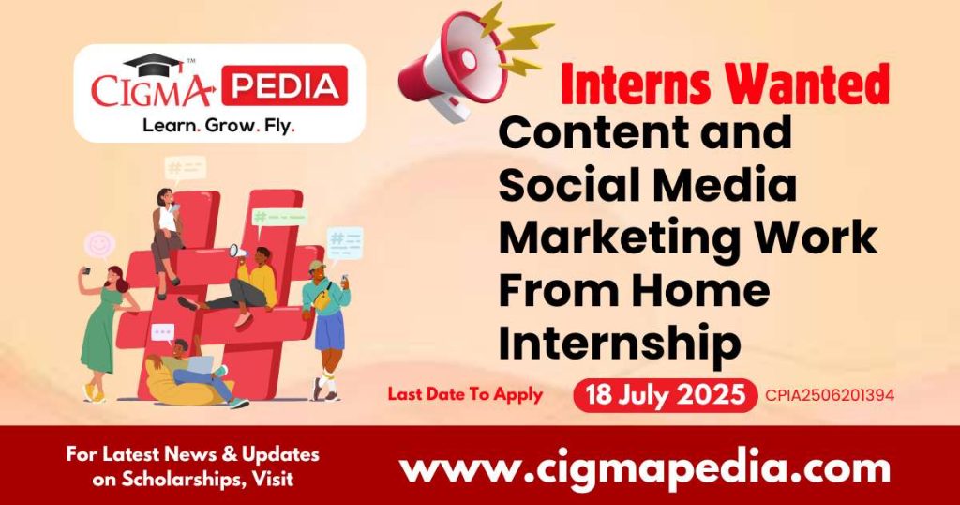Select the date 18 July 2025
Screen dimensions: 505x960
tap(665, 394)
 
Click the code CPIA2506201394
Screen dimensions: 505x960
tap(831, 395)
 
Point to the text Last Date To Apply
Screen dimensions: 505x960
tap(465, 394)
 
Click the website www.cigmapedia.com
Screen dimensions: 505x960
tap(644, 467)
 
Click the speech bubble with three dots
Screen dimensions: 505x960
tap(163, 331)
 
